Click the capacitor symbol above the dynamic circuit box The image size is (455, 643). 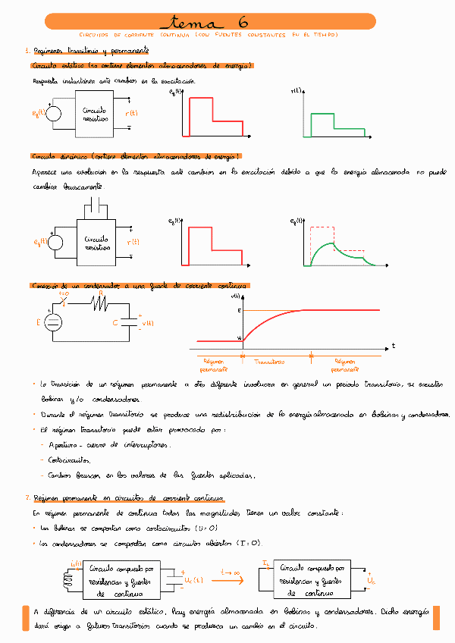click(x=96, y=206)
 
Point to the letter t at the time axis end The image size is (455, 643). click(x=394, y=346)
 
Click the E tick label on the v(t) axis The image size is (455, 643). click(x=238, y=311)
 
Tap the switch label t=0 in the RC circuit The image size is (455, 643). click(x=64, y=293)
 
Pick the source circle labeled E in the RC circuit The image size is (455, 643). click(x=53, y=324)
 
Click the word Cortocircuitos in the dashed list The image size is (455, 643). click(x=69, y=460)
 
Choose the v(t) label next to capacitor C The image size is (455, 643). click(x=147, y=325)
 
